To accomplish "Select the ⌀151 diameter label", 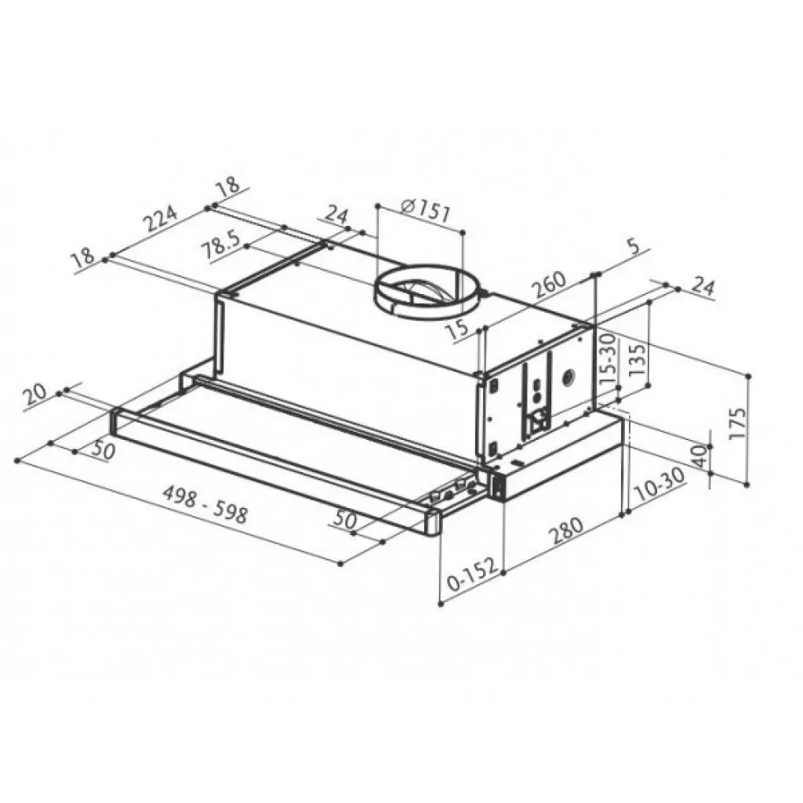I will coord(424,210).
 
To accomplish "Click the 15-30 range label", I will coord(608,358).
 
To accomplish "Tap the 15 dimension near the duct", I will coord(462,327).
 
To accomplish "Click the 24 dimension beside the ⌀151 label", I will coord(336,214).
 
